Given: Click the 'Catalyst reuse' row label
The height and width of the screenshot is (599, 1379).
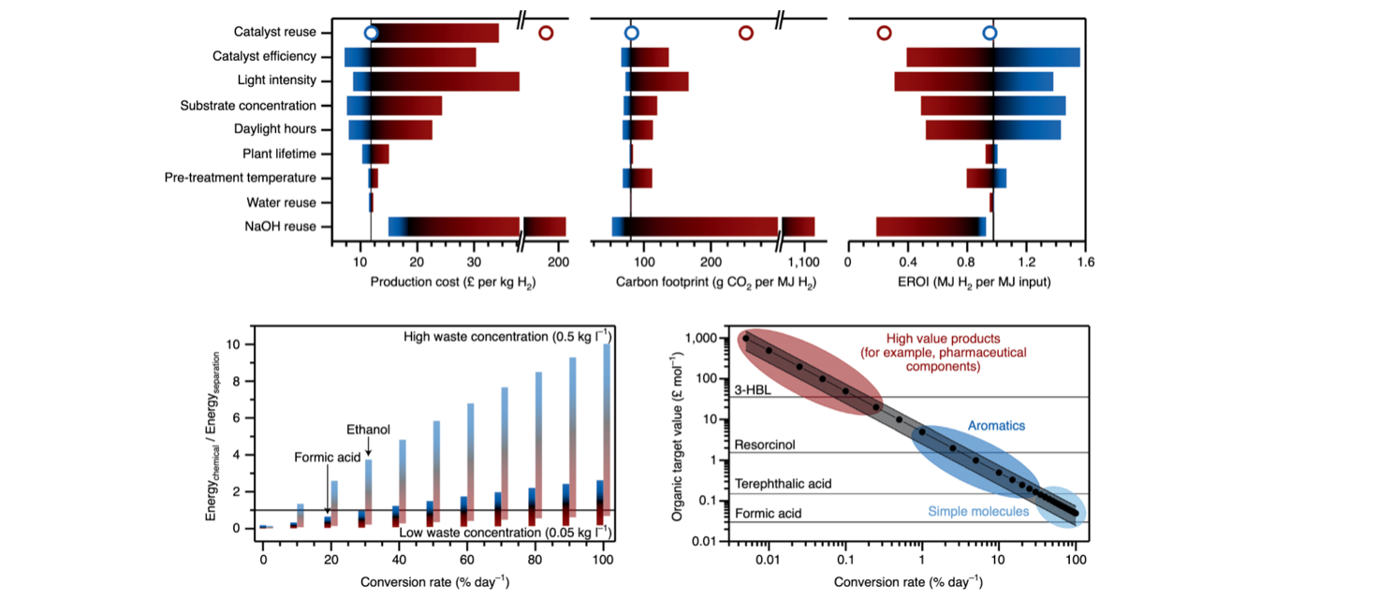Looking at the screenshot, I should pyautogui.click(x=275, y=33).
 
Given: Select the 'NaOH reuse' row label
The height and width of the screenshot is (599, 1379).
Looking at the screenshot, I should pyautogui.click(x=281, y=226).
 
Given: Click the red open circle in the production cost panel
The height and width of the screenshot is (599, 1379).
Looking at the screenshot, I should pyautogui.click(x=546, y=33).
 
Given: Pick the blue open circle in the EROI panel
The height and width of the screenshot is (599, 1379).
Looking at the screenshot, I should pyautogui.click(x=990, y=33).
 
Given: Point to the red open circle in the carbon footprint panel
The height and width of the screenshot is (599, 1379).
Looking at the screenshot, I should pyautogui.click(x=745, y=33).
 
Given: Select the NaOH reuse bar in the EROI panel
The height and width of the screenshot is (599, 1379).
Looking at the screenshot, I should pyautogui.click(x=931, y=226).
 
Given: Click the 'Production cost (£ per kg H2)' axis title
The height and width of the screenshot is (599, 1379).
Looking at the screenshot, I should pyautogui.click(x=452, y=282).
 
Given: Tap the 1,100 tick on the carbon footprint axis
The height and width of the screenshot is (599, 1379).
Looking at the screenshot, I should pyautogui.click(x=804, y=262).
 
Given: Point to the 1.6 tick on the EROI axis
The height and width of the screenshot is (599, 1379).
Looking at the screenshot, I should pyautogui.click(x=1086, y=262).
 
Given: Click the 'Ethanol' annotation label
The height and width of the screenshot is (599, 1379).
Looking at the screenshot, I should pyautogui.click(x=369, y=430).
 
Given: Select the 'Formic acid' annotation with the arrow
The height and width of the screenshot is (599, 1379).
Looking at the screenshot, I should pyautogui.click(x=327, y=459).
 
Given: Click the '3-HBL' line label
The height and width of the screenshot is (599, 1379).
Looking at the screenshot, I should pyautogui.click(x=752, y=390).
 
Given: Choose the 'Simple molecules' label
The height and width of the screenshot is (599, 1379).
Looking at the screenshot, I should pyautogui.click(x=978, y=512).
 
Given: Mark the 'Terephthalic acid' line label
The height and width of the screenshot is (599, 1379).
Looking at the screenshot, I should pyautogui.click(x=783, y=485).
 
